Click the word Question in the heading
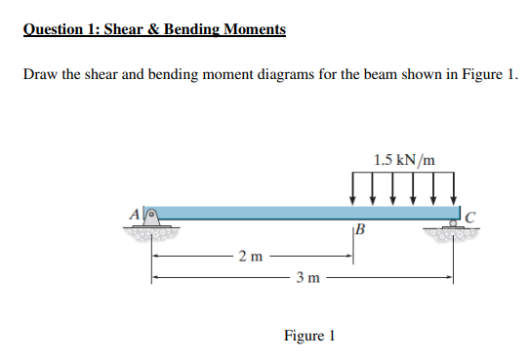tap(55, 28)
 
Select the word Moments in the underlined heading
tap(254, 28)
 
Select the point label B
tap(363, 231)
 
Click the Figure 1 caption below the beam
tap(308, 336)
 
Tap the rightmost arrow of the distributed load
tap(452, 189)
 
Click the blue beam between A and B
tap(254, 212)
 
